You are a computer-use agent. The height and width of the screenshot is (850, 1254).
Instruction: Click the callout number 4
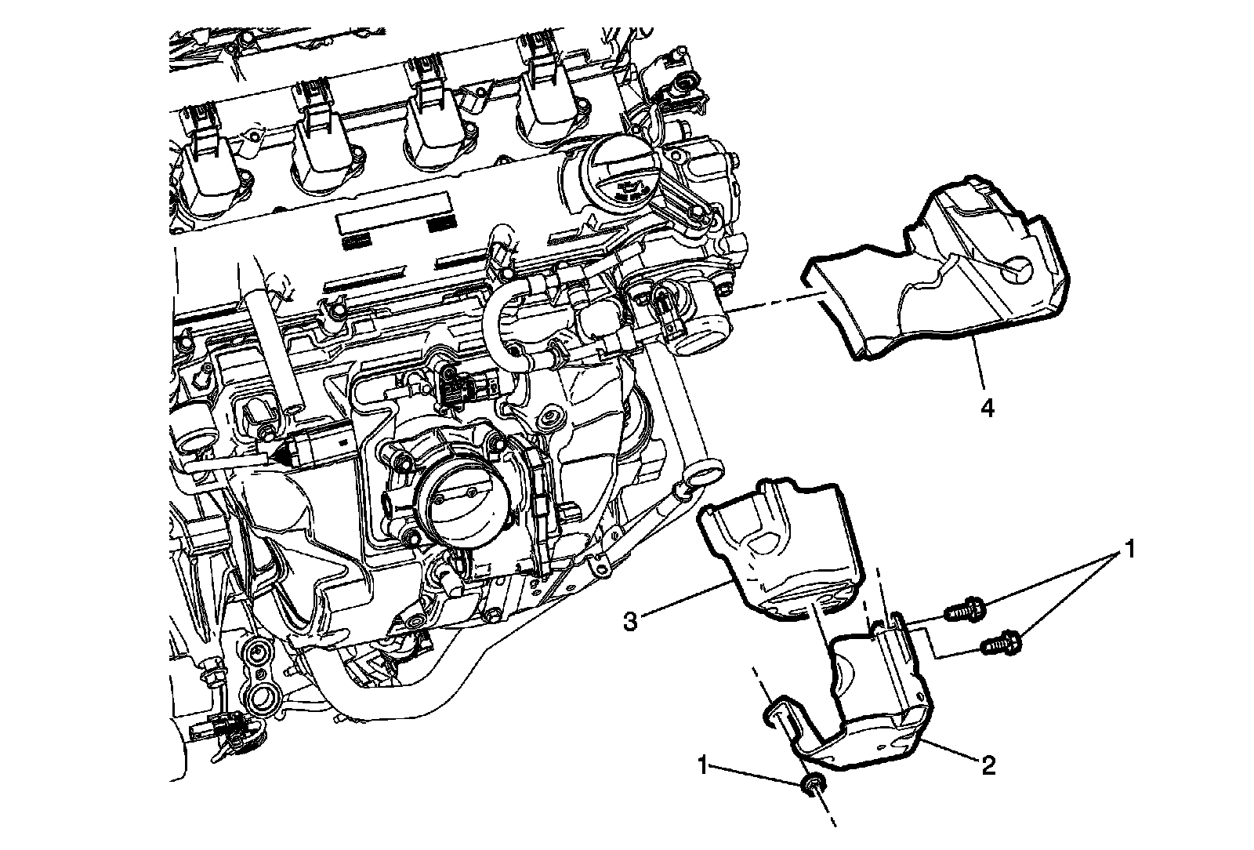(x=988, y=409)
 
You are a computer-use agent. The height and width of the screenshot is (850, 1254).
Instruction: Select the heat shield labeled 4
(x=940, y=274)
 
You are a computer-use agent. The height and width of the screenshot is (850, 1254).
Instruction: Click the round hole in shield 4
(x=1020, y=270)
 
